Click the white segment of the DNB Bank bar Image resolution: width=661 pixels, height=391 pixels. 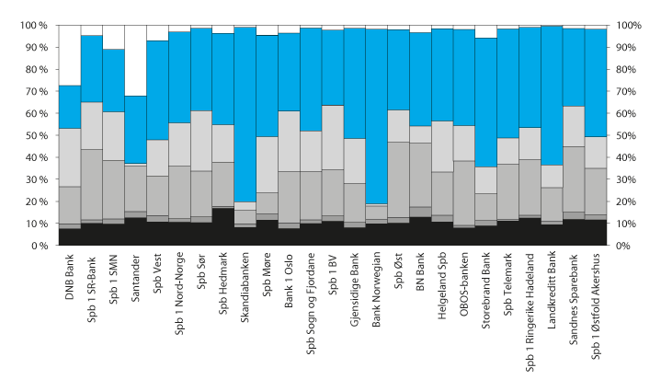(70, 55)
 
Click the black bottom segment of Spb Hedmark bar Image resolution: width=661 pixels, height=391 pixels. (223, 226)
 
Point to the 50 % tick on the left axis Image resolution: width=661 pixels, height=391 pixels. (34, 136)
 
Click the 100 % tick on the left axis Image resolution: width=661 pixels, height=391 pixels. (32, 26)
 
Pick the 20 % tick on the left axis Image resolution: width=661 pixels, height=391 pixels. (34, 201)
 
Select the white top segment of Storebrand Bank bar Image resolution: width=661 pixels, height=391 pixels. (486, 31)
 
